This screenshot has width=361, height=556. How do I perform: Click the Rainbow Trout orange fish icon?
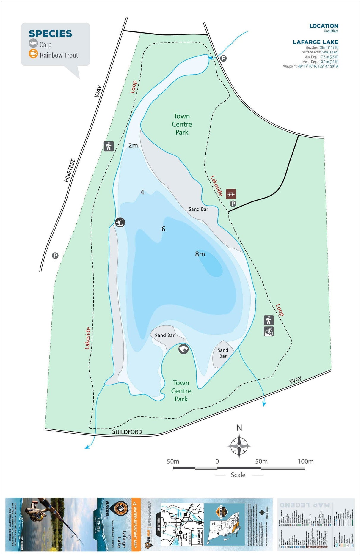[x=33, y=54]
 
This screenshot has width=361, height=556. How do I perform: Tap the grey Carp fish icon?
[x=33, y=44]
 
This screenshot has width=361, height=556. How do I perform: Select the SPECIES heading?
[x=50, y=34]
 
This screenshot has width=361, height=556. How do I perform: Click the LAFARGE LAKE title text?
[x=315, y=42]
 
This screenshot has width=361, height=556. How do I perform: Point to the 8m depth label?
[x=200, y=254]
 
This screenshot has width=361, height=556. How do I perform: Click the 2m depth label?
[x=133, y=145]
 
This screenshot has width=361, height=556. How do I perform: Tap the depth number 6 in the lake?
[x=163, y=229]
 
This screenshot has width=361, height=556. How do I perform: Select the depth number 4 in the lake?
[x=142, y=193]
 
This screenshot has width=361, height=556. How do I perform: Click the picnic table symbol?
[x=231, y=194]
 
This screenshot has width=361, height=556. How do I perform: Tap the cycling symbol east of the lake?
[x=269, y=331]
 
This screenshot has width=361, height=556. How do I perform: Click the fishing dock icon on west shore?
[x=120, y=222]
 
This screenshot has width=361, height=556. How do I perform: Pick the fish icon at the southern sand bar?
[x=183, y=349]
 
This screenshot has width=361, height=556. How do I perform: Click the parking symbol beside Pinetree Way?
[x=55, y=256]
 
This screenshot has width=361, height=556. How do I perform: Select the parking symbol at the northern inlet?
[x=223, y=58]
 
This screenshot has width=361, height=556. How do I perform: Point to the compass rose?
[x=239, y=446]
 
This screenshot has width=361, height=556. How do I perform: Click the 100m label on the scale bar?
[x=305, y=462]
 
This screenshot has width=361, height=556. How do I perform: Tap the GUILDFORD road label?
[x=127, y=432]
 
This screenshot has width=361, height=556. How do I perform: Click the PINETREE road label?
[x=70, y=170]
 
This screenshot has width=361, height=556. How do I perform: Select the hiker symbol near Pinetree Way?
[x=109, y=146]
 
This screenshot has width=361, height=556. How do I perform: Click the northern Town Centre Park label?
[x=182, y=124]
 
